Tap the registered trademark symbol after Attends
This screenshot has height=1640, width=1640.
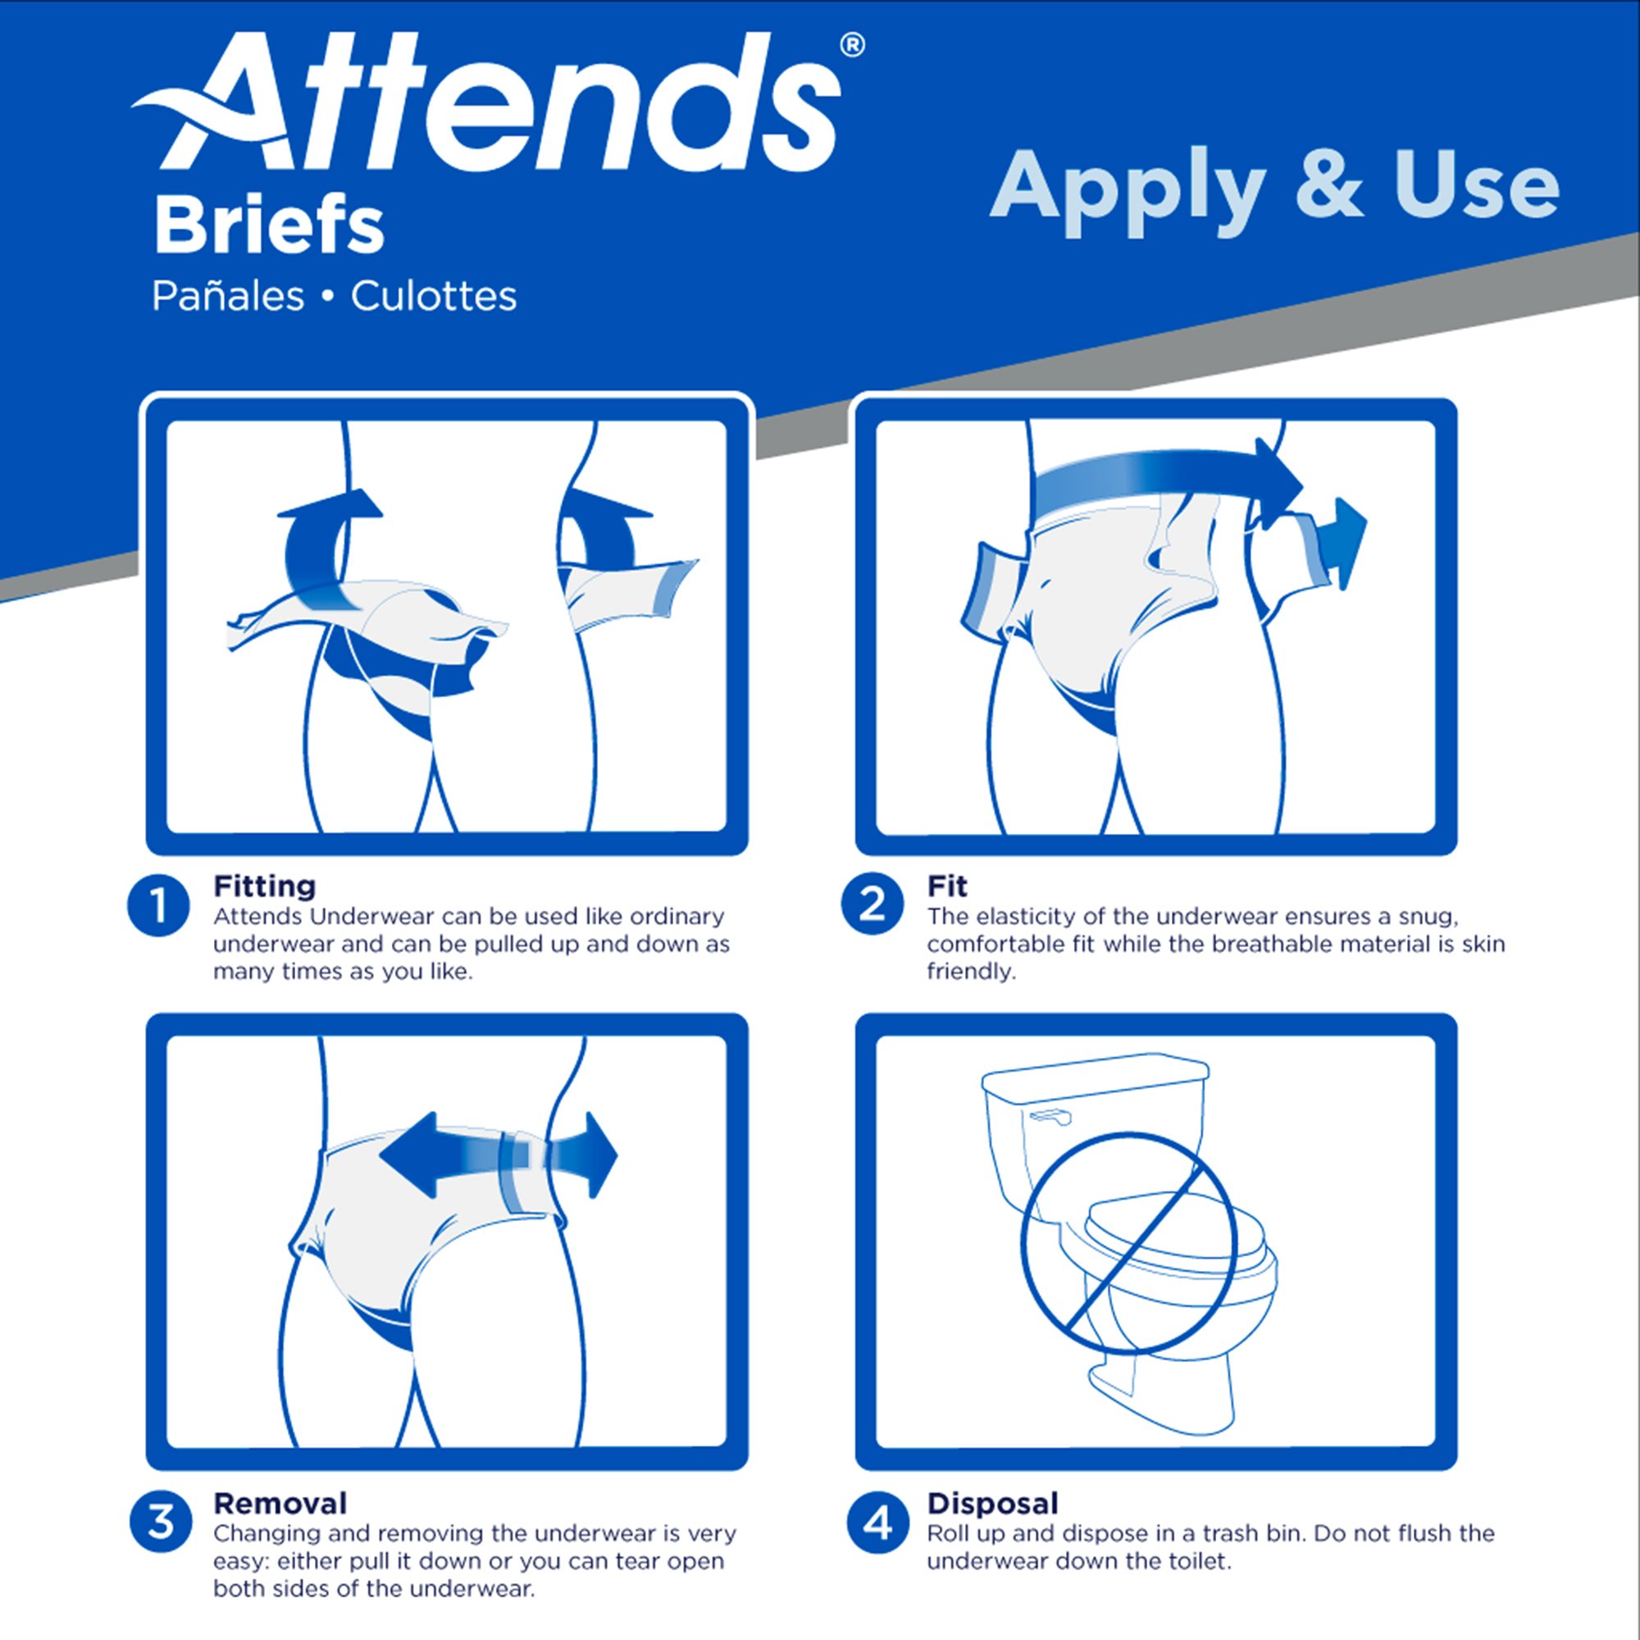click(x=852, y=45)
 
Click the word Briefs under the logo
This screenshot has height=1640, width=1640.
click(x=268, y=225)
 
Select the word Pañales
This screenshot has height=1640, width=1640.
click(x=227, y=297)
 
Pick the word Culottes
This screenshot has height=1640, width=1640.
click(x=434, y=297)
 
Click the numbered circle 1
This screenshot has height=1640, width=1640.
click(x=159, y=906)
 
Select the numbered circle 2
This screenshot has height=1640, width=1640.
click(x=872, y=904)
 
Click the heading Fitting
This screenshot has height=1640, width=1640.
click(x=264, y=886)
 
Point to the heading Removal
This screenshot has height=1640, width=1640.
click(x=280, y=1503)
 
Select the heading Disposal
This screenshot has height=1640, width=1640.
click(x=992, y=1503)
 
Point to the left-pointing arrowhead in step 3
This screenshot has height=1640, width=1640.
click(x=406, y=1155)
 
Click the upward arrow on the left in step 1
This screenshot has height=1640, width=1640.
click(x=330, y=506)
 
